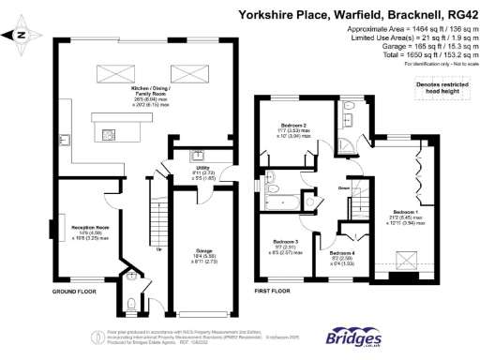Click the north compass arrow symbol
(21, 37)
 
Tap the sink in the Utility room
(199, 156)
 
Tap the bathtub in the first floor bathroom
(287, 202)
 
